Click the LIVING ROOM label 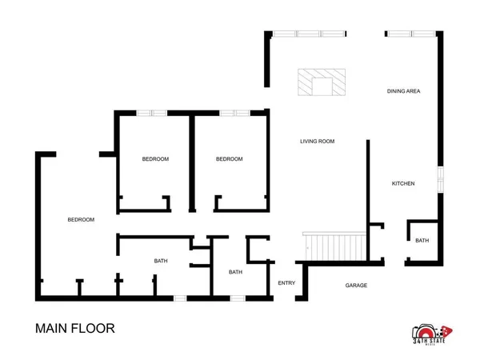point(317,142)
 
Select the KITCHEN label point(402,184)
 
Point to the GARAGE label point(356,286)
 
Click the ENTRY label point(286,283)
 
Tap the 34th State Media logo point(432,333)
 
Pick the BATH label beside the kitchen point(422,240)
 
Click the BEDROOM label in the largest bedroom point(81,220)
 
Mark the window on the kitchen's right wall point(440,179)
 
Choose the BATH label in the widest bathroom point(161,261)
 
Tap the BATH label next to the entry point(235,272)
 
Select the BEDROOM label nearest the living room point(229,159)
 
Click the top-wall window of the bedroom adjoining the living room point(234,113)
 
